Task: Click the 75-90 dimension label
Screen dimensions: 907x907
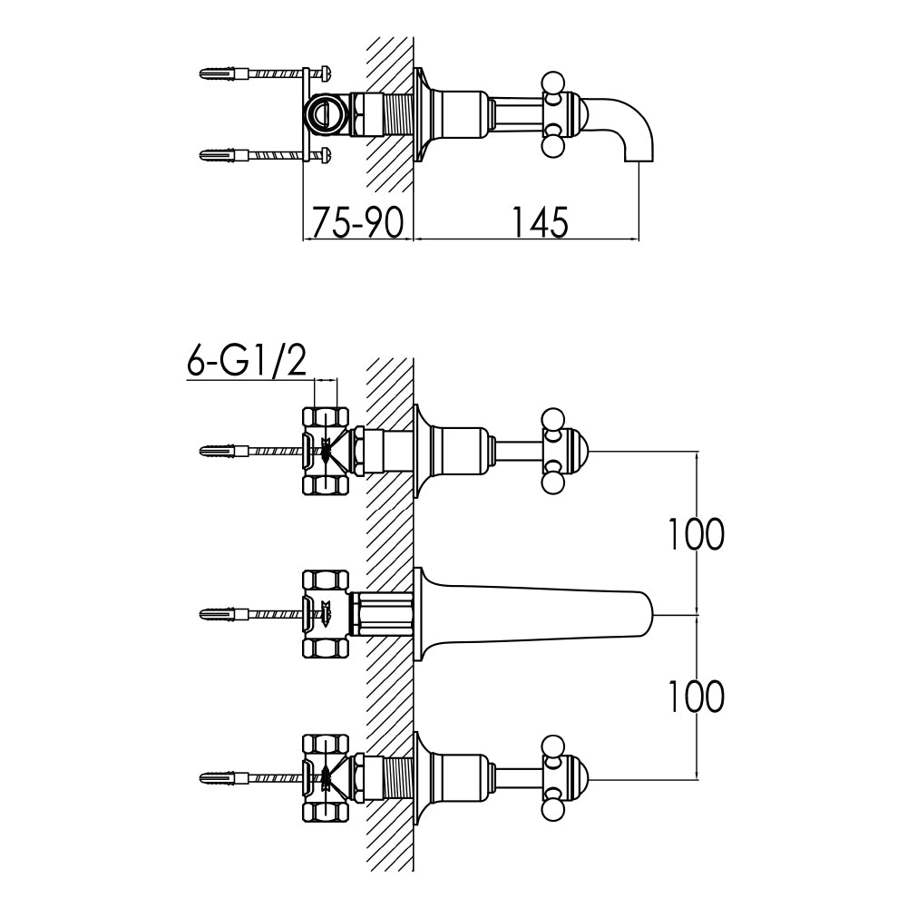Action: point(357,221)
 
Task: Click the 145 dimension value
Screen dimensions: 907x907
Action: point(539,221)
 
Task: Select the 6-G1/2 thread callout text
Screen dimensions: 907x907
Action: point(247,361)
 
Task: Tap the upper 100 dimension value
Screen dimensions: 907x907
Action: point(696,533)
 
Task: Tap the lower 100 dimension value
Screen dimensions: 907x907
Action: point(696,696)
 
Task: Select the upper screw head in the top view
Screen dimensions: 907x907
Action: point(326,74)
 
